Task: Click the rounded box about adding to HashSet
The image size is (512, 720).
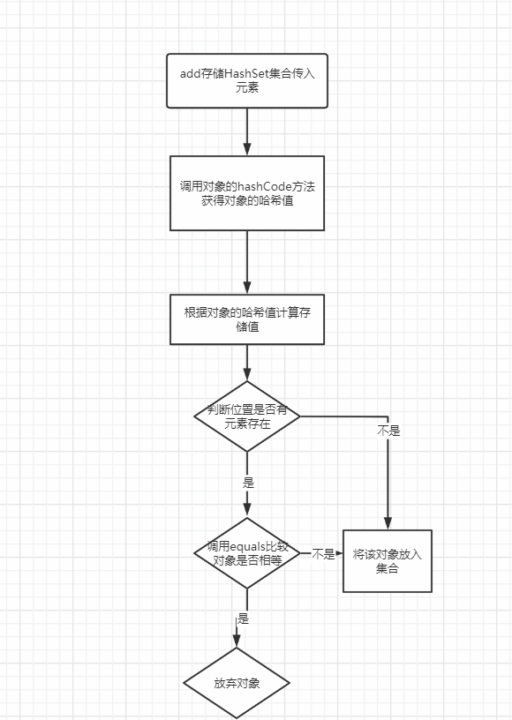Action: (247, 81)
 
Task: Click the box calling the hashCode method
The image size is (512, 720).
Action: (247, 193)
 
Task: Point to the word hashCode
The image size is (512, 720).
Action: (266, 186)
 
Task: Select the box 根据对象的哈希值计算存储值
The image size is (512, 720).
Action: (247, 319)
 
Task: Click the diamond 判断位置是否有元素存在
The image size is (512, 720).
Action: (247, 416)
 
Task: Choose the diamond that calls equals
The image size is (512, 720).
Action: (247, 553)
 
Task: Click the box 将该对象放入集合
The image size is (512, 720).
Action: (387, 561)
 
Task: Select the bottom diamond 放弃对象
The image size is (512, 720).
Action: (237, 684)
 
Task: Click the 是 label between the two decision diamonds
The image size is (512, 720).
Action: (247, 484)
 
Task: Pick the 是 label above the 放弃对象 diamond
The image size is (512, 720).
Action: (242, 619)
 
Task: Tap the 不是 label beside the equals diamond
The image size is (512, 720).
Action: (323, 554)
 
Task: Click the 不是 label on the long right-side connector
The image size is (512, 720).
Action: (388, 431)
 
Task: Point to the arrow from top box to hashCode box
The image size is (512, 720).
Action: (247, 131)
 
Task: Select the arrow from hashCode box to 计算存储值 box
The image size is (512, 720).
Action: (247, 262)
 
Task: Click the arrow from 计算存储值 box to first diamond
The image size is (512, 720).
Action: (247, 363)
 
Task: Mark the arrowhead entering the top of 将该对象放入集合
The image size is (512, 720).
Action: (387, 523)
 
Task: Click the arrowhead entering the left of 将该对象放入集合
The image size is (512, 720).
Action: (339, 554)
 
